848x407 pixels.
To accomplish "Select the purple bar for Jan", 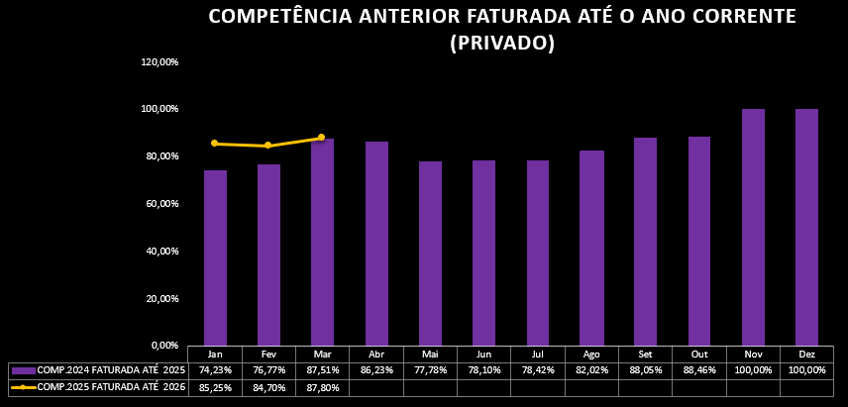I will (x=215, y=257).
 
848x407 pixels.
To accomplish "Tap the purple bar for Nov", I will (x=753, y=227).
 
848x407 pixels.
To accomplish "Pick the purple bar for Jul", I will (x=538, y=253).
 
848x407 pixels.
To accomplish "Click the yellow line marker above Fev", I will (x=267, y=146).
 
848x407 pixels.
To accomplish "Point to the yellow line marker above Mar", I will (x=321, y=138).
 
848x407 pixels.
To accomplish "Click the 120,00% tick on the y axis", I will (x=159, y=62).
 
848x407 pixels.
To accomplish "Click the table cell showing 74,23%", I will (x=215, y=369).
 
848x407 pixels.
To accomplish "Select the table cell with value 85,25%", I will (x=215, y=387).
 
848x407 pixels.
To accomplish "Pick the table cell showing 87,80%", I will (x=322, y=387).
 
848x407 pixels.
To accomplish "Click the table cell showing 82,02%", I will (x=591, y=369).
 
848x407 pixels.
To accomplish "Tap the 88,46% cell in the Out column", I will (x=699, y=369).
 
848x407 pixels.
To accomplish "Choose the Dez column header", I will (x=806, y=354).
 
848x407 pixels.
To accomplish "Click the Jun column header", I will (x=483, y=354).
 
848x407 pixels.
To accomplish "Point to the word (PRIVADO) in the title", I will (x=501, y=43).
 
